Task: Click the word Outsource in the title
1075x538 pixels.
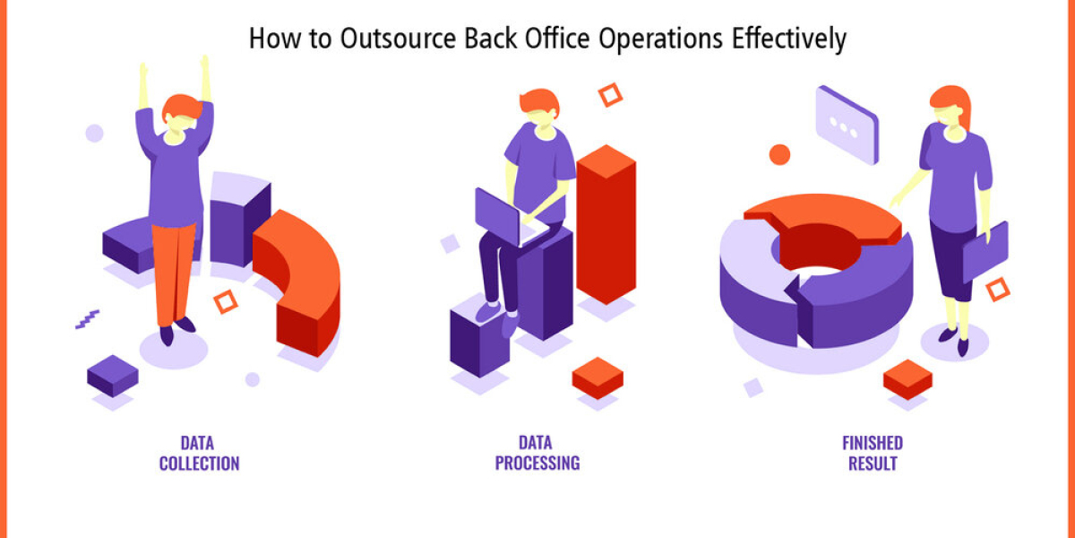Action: [398, 39]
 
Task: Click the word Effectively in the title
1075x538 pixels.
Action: [789, 39]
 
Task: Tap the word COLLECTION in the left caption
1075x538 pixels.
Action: [199, 464]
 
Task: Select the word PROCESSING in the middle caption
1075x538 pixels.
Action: [537, 463]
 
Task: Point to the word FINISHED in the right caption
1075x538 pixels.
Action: [873, 443]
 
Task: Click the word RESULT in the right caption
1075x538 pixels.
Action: [873, 464]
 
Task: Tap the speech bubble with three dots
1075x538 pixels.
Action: [847, 125]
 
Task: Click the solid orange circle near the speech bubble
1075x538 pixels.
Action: [779, 154]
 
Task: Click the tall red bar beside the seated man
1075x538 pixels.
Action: [606, 224]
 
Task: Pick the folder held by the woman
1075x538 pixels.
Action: [985, 252]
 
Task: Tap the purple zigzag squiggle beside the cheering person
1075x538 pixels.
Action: [88, 319]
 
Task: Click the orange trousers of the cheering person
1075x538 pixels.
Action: [174, 273]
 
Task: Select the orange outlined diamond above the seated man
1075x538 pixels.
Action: [610, 95]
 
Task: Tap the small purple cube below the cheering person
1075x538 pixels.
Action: [113, 376]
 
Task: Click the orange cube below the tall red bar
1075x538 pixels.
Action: [598, 377]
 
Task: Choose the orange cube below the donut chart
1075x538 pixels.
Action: [907, 379]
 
